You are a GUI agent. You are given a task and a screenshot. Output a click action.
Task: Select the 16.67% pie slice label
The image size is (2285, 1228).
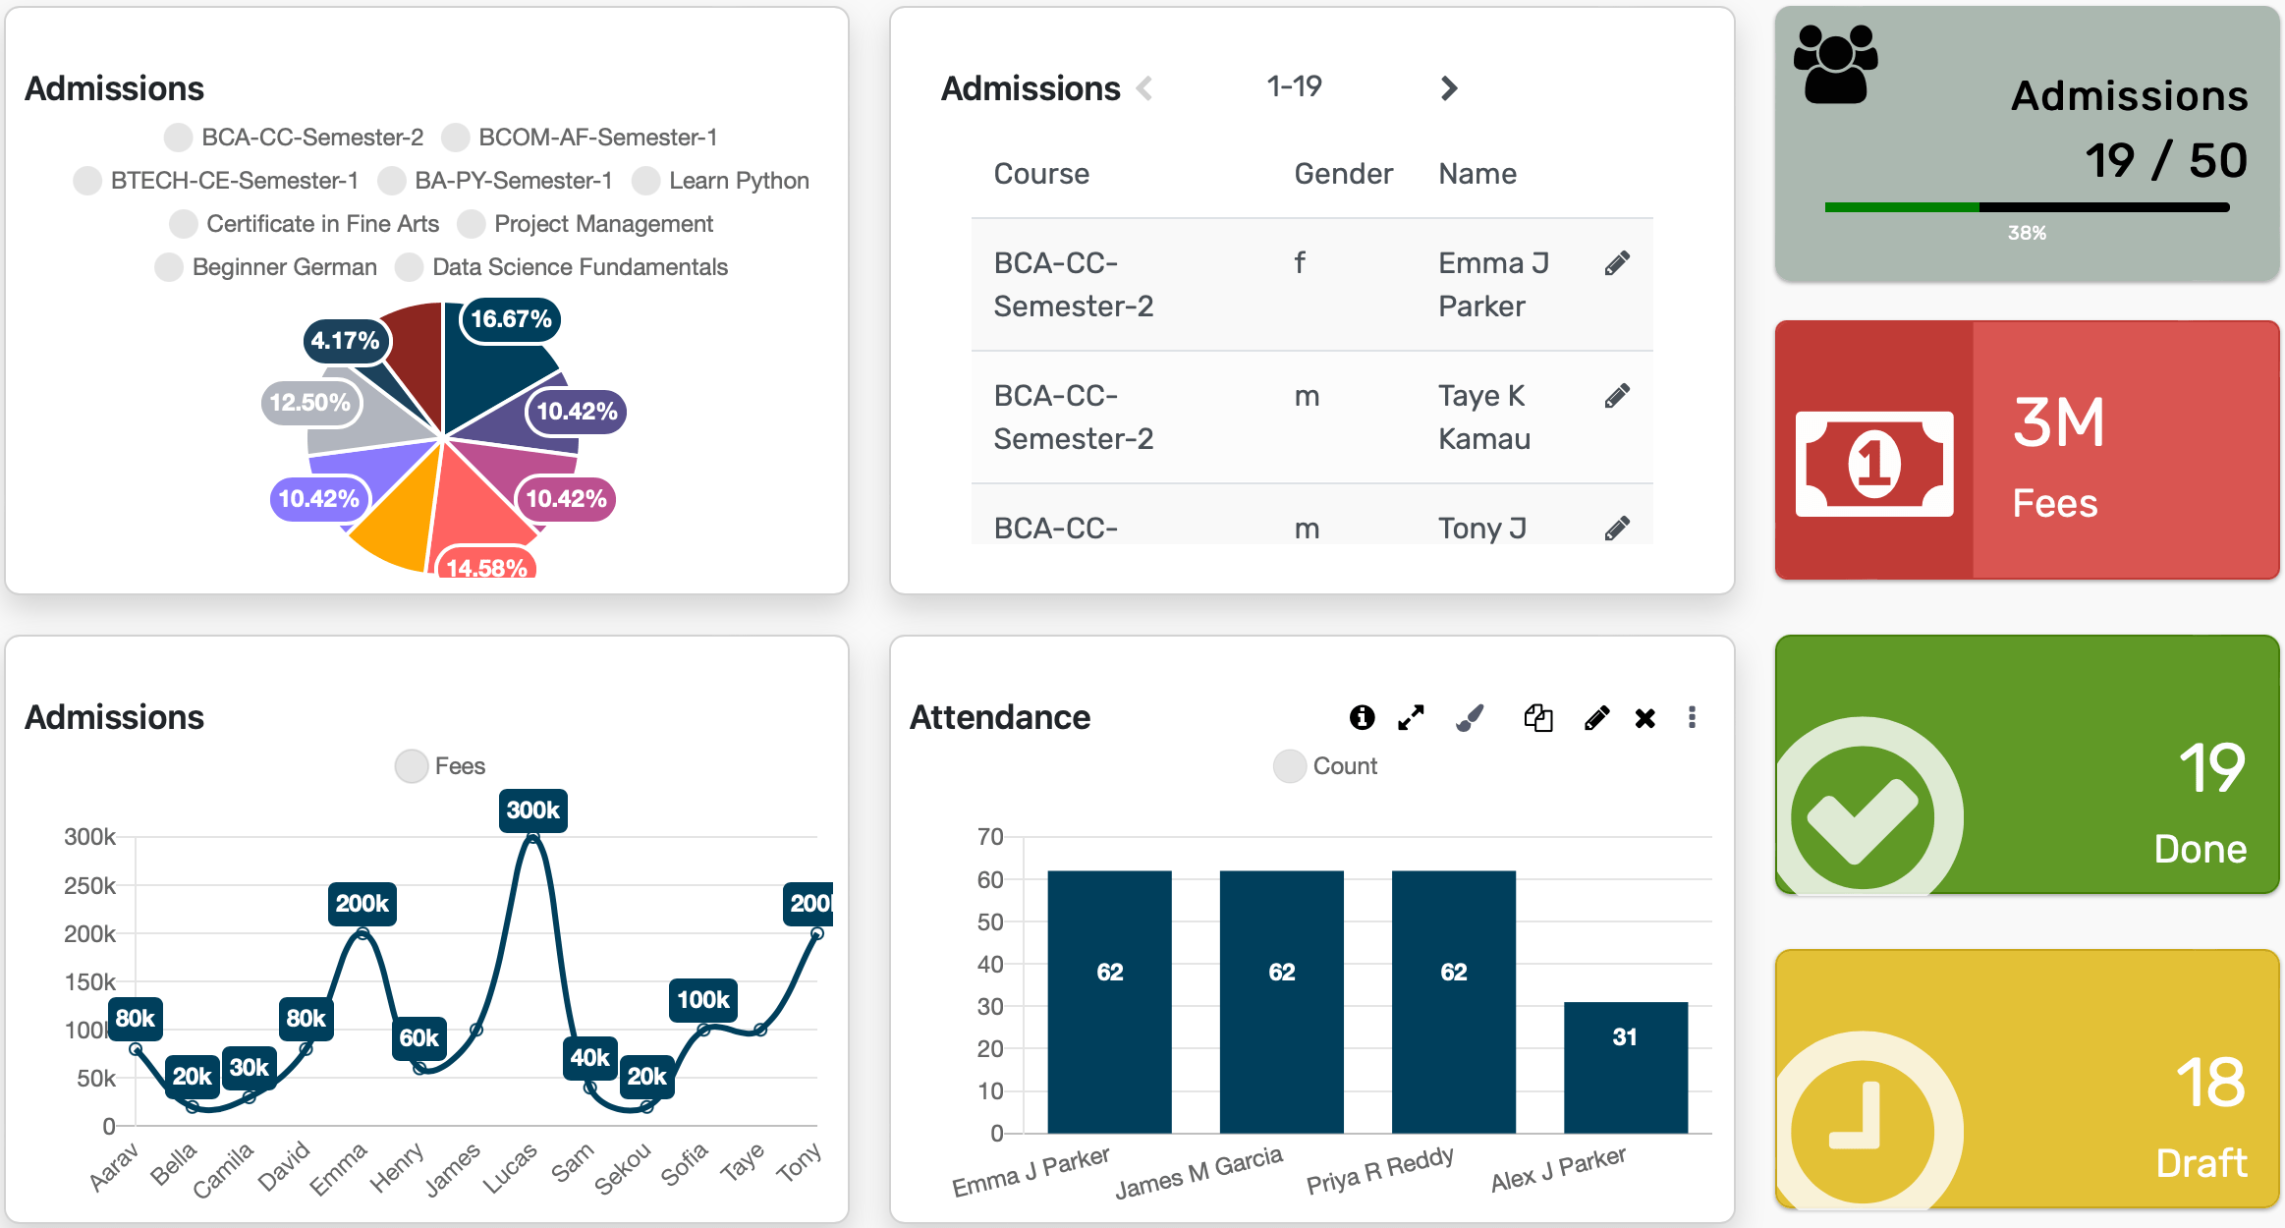(x=510, y=319)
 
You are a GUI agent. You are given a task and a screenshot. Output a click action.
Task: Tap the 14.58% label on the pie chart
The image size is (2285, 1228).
(x=486, y=567)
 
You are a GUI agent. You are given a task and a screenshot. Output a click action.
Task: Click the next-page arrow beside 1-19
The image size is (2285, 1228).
(x=1448, y=88)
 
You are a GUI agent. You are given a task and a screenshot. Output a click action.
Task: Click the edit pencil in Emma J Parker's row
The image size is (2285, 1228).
(x=1617, y=263)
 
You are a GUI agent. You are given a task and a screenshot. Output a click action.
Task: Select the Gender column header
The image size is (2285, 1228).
(x=1342, y=174)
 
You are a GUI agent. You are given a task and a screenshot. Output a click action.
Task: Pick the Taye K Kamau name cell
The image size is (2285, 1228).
(x=1483, y=417)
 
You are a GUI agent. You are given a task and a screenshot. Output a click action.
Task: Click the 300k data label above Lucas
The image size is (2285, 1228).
(x=532, y=810)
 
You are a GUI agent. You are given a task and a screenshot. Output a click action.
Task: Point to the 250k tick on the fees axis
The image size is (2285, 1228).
(x=89, y=885)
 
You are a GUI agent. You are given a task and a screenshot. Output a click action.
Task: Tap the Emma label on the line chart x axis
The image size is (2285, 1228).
(x=339, y=1168)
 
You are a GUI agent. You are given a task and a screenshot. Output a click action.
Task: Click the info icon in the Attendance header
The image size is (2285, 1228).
(x=1362, y=718)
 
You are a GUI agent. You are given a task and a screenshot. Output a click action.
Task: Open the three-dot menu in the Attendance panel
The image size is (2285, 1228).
(x=1692, y=718)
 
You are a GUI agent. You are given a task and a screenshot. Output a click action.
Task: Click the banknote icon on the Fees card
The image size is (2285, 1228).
(x=1873, y=464)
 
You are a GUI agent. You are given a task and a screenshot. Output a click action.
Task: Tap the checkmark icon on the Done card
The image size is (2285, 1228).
(x=1862, y=817)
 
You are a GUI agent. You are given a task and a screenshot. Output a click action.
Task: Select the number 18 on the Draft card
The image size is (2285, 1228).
(x=2210, y=1083)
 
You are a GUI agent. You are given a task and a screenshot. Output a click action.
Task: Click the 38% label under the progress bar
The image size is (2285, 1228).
(x=2027, y=233)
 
